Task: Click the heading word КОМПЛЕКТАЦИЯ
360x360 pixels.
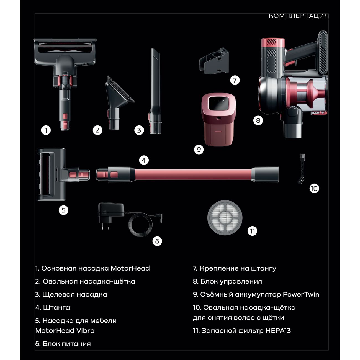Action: coord(299,16)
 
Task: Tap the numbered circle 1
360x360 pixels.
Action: coord(46,130)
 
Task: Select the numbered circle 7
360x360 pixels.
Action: coord(235,80)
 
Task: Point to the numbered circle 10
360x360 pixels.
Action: coord(314,189)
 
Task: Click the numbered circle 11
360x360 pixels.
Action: coord(252,231)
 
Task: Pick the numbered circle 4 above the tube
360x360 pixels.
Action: coord(144,160)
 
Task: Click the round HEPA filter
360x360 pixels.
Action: coord(225,218)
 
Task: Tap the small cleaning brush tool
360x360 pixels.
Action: coord(301,169)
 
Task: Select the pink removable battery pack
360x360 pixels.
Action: coord(218,119)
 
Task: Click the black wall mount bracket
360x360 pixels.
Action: coord(214,61)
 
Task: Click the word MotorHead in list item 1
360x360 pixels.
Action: coord(130,268)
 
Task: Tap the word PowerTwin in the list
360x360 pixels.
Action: coord(301,294)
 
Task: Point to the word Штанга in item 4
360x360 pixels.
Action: coord(56,308)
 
